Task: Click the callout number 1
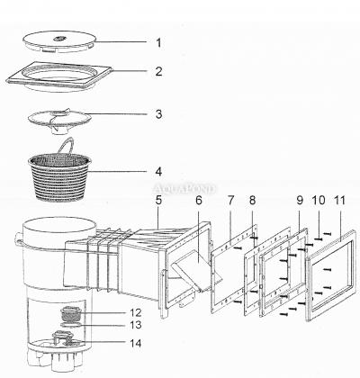158,43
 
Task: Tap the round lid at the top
59,41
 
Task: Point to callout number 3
158,114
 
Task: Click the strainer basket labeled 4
59,177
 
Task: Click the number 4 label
158,172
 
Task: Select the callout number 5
158,201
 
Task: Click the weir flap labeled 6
196,270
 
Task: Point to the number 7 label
230,201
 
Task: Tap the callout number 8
252,201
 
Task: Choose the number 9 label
300,201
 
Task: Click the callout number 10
319,200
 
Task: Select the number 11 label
339,200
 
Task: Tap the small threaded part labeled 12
69,314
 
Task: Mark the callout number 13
135,325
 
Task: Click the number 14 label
135,343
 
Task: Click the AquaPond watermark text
184,189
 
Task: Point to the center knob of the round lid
58,39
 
